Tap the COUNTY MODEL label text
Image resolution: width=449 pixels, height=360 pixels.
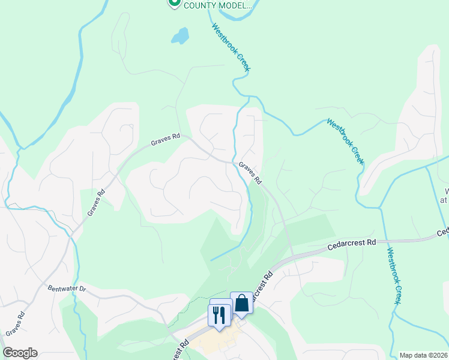click(x=218, y=5)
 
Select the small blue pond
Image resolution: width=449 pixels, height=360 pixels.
click(x=179, y=37)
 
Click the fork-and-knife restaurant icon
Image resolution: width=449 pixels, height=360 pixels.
click(x=218, y=314)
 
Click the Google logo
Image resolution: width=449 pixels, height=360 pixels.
click(x=20, y=353)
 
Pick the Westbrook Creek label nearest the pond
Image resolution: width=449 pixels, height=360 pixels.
click(x=230, y=47)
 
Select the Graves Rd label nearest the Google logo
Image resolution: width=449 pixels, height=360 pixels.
click(x=14, y=323)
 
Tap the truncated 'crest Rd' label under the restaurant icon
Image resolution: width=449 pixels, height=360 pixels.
click(x=179, y=349)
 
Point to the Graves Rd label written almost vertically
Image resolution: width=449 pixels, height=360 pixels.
click(x=96, y=202)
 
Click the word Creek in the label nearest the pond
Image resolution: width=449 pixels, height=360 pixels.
click(x=240, y=60)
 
